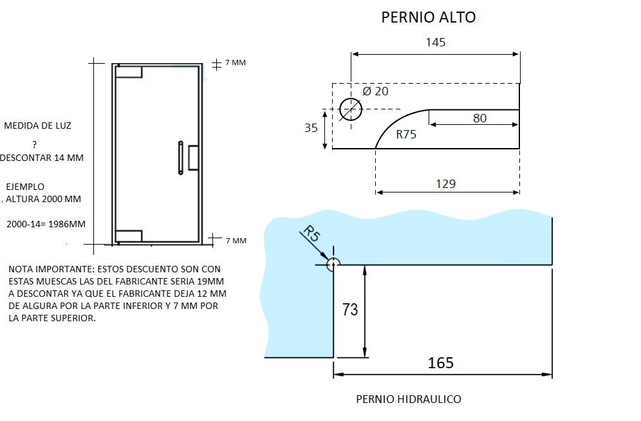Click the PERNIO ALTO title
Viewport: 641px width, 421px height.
pos(429,17)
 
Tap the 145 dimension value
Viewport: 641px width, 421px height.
pos(435,42)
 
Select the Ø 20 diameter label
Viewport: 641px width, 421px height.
pos(375,91)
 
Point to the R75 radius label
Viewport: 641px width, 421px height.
pos(406,134)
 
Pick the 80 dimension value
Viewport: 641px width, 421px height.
pos(479,118)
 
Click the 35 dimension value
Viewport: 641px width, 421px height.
pos(311,128)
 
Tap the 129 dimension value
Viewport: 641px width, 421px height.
pos(445,184)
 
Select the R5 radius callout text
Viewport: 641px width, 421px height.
pos(311,233)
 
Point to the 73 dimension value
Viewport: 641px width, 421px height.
pos(350,310)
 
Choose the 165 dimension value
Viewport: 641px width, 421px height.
pos(441,362)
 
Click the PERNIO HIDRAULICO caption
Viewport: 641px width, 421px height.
pos(409,399)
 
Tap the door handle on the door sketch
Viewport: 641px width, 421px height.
pos(181,158)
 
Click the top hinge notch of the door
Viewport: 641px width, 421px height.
pos(129,71)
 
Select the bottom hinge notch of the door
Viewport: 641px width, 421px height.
pos(129,236)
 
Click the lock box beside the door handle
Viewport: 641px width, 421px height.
pos(193,157)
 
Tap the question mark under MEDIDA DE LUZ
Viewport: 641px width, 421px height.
pos(34,144)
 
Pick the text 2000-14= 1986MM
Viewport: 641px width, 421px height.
pos(46,224)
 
